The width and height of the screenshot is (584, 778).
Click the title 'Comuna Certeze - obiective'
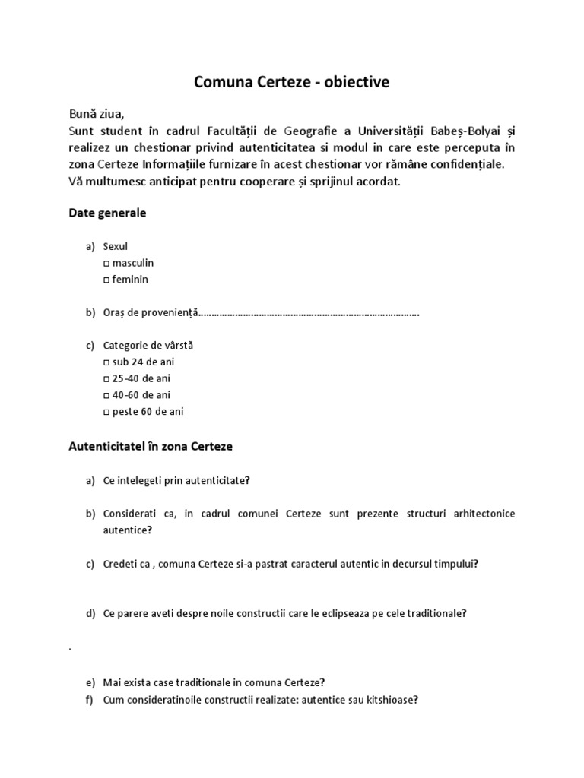point(291,82)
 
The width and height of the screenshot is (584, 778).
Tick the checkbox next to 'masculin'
point(106,263)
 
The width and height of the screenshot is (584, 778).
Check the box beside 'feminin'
point(106,280)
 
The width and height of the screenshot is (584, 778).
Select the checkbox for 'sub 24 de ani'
point(106,362)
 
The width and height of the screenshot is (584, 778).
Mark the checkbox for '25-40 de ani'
point(106,379)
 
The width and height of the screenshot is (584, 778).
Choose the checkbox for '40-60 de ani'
point(106,395)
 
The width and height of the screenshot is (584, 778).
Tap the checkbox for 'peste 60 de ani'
point(106,412)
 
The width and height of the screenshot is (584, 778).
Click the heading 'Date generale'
point(107,213)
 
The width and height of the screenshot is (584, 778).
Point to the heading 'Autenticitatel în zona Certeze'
point(151,447)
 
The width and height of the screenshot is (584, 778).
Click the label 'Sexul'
point(116,247)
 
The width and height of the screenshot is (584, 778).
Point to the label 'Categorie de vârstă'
point(148,346)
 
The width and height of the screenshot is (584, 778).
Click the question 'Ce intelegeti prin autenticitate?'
point(176,480)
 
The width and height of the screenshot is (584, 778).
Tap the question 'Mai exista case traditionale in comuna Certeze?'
point(214,682)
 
